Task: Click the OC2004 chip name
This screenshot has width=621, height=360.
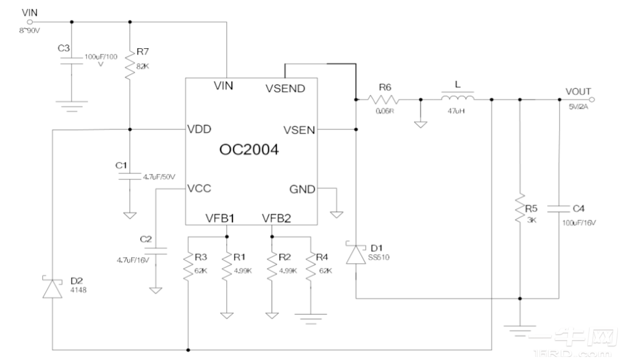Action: click(x=249, y=150)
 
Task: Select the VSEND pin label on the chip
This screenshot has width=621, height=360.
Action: click(x=285, y=88)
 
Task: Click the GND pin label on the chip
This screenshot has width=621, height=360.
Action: click(x=302, y=189)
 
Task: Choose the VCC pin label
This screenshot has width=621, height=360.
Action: click(x=200, y=188)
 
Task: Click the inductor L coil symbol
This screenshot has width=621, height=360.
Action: click(x=457, y=98)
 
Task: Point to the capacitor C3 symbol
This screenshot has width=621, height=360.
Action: click(x=72, y=60)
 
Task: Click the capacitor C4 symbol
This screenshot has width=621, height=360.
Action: click(x=559, y=209)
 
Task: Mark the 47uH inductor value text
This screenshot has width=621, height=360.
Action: click(x=457, y=112)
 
